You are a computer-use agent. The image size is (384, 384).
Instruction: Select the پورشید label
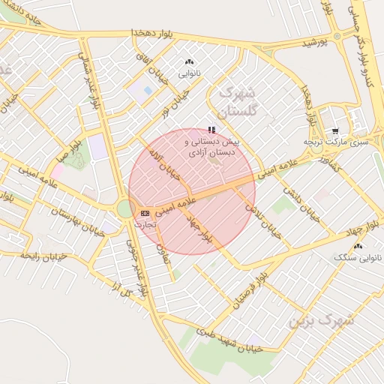[316, 44]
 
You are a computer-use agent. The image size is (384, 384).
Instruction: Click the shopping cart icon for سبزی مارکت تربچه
[335, 129]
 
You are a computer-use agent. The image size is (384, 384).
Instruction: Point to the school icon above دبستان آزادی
[211, 130]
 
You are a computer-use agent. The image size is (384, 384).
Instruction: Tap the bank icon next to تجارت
[144, 213]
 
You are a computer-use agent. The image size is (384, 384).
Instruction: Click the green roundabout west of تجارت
[125, 208]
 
